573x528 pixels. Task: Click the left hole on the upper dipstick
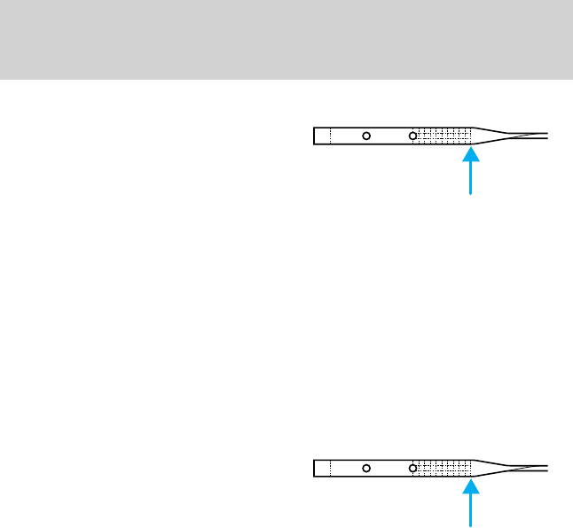tap(366, 136)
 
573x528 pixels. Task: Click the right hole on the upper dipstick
tap(412, 136)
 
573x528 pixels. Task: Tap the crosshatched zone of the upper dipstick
tap(444, 136)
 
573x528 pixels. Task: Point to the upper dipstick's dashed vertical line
tap(330, 136)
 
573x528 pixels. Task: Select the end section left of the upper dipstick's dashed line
tap(322, 136)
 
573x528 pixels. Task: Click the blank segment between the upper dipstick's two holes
tap(389, 136)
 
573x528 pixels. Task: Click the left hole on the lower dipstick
tap(366, 467)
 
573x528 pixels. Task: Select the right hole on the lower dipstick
tap(412, 467)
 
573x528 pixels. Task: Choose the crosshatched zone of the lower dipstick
tap(444, 467)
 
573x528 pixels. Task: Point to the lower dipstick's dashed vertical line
tap(330, 467)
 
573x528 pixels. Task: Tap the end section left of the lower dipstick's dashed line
tap(322, 467)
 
